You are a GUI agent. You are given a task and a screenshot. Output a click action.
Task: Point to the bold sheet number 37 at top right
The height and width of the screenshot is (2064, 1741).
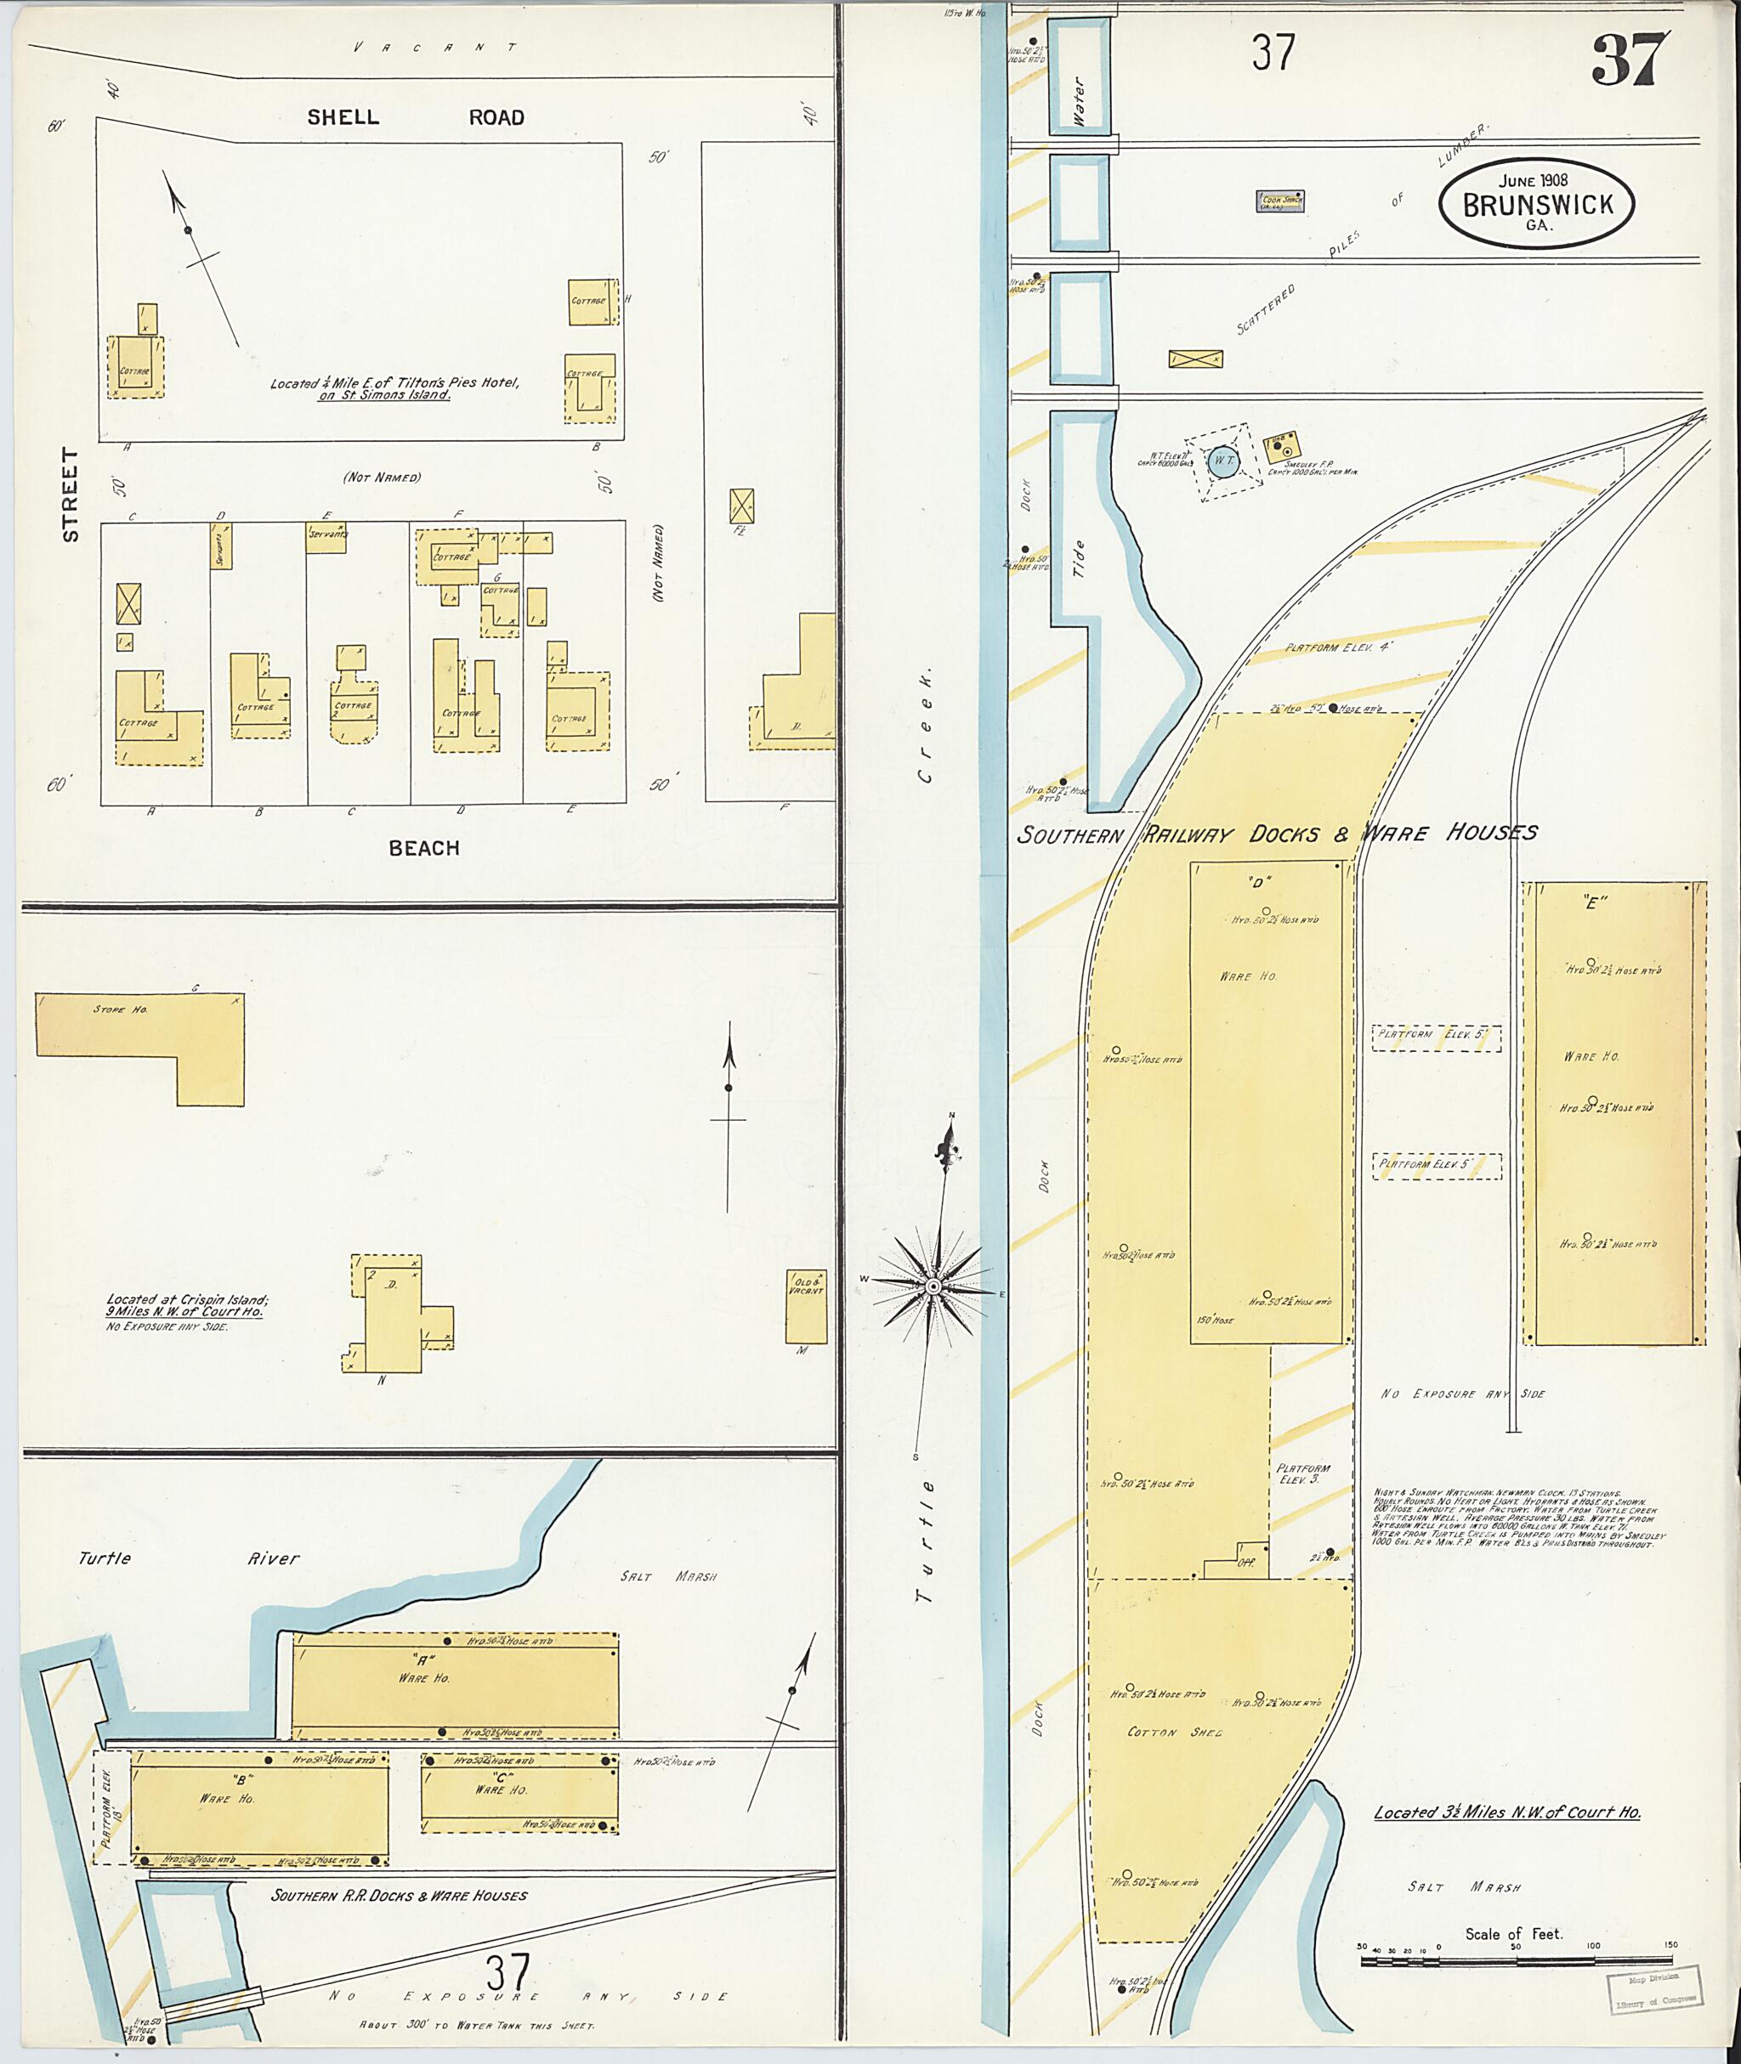[x=1630, y=59]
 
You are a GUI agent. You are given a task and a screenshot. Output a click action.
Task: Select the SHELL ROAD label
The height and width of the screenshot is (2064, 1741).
[x=416, y=117]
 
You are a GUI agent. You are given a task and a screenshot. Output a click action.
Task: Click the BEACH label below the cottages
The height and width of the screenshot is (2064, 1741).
[x=423, y=847]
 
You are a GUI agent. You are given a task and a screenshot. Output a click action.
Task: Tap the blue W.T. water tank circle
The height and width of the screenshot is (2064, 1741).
[x=1222, y=461]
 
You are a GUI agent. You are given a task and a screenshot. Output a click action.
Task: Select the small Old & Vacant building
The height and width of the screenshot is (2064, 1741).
[x=805, y=1306]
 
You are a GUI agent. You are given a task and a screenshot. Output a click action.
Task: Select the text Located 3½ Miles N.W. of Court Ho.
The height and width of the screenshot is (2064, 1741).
[x=1506, y=1813]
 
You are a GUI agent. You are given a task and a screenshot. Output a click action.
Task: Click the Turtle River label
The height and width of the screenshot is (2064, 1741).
[x=189, y=1559]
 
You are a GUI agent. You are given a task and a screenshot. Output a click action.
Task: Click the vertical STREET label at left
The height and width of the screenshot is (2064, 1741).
[x=70, y=495]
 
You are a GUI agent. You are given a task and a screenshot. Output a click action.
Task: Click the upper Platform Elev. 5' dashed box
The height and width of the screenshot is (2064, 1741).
[x=1436, y=1038]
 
